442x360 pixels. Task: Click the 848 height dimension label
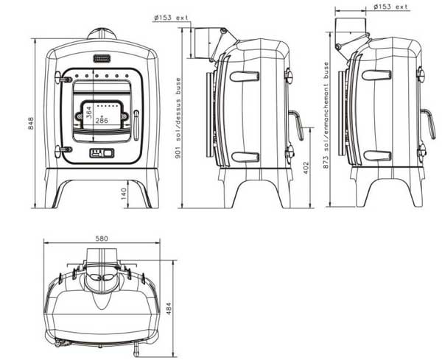(30, 124)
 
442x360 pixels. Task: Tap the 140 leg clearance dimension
(124, 194)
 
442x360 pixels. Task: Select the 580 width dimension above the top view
(102, 239)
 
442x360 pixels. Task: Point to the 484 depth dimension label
(168, 308)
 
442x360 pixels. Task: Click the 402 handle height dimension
(306, 168)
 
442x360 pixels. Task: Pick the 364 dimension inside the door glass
(88, 113)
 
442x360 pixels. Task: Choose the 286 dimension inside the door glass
(102, 121)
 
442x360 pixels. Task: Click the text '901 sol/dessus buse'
(178, 118)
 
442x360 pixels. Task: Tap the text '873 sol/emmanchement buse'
(326, 115)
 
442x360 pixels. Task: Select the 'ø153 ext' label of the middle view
(171, 18)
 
